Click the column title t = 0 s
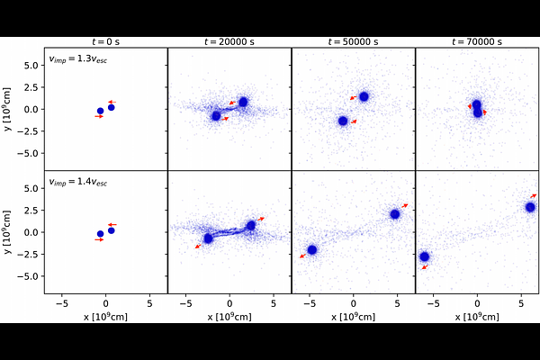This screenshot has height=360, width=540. [x=106, y=41]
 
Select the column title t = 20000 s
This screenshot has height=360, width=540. [x=229, y=41]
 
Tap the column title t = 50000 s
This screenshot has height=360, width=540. [x=353, y=41]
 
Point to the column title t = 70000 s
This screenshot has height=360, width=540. [x=477, y=41]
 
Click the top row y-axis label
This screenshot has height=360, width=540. [x=9, y=109]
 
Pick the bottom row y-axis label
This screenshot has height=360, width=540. [x=9, y=232]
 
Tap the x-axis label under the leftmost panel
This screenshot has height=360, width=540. [x=106, y=317]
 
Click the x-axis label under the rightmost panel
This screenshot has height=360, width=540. [x=477, y=317]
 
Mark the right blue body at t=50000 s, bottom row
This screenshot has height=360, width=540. [x=395, y=214]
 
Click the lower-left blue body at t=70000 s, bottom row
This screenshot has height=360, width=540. [x=425, y=256]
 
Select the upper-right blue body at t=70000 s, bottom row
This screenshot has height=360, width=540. [x=530, y=207]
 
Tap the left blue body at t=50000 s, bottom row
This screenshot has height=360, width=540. [x=311, y=250]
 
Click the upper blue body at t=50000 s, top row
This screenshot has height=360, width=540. [x=364, y=96]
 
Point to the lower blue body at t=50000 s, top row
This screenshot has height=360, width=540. [x=342, y=121]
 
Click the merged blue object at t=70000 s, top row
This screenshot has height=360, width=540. [x=477, y=109]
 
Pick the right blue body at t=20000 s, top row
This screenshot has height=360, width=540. [x=243, y=102]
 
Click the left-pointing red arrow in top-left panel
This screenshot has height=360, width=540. [x=112, y=102]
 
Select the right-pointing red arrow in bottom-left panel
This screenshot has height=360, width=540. [x=99, y=239]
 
